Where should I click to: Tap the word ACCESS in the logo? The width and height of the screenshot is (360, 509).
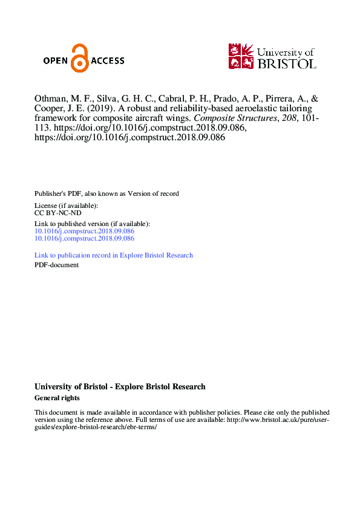(x=108, y=60)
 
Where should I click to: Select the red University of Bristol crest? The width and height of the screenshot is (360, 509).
(x=241, y=56)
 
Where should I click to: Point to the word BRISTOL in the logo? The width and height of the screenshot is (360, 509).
(x=287, y=63)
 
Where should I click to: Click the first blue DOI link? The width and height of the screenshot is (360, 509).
(x=84, y=231)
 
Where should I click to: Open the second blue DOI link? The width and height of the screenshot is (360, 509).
(x=84, y=238)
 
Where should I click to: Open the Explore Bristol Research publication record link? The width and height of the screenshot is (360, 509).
(x=114, y=255)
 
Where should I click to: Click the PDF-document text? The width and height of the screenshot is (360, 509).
(x=56, y=265)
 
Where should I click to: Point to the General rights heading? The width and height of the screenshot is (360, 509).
(x=57, y=398)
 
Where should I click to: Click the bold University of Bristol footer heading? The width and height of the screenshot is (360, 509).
(x=120, y=387)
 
